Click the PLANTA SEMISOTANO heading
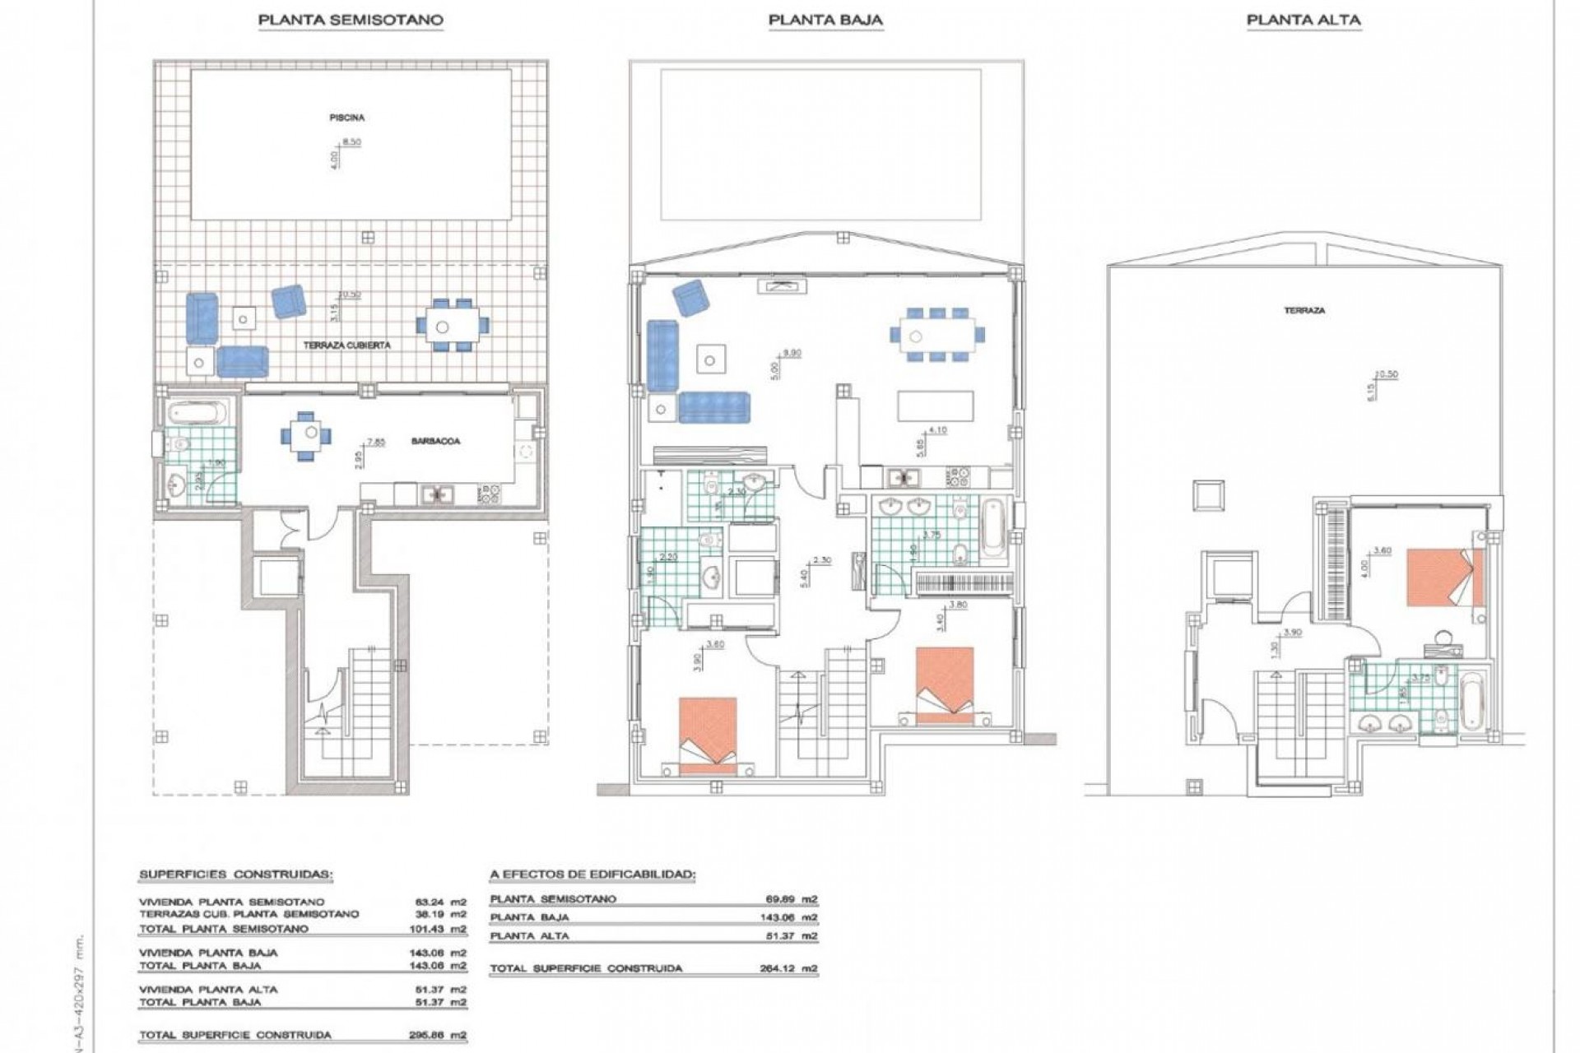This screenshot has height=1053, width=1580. (351, 20)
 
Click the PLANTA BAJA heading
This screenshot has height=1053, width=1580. (825, 20)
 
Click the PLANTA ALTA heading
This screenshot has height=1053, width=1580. (1303, 20)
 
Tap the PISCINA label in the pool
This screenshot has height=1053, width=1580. (346, 118)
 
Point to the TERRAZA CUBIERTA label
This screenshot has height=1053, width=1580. (346, 346)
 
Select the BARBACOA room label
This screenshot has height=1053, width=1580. (435, 441)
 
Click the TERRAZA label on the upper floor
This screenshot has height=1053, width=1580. (1304, 311)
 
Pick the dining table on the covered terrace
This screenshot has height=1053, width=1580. (452, 326)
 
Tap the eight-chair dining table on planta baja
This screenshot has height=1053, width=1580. (936, 335)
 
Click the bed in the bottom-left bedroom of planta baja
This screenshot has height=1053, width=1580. (708, 734)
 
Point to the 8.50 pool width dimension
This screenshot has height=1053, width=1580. (351, 142)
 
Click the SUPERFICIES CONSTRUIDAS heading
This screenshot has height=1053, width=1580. (236, 874)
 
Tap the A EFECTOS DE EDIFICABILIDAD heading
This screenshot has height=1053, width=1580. (592, 874)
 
